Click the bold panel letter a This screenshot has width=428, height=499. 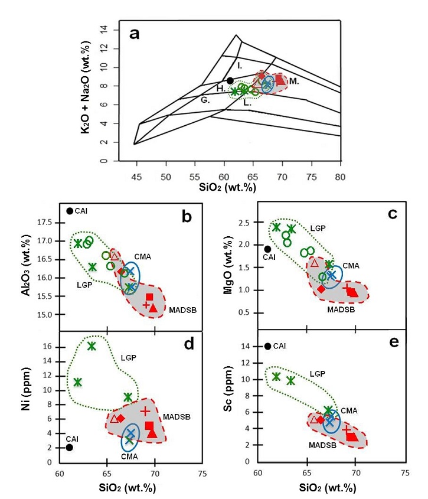click(x=135, y=33)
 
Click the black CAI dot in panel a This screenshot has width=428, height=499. click(x=230, y=80)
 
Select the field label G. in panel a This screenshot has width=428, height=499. click(x=205, y=100)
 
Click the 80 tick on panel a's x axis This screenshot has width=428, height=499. click(x=341, y=177)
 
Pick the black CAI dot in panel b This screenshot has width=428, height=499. click(x=70, y=211)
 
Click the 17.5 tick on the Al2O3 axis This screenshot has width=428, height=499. click(x=48, y=223)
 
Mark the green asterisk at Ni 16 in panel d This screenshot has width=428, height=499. click(x=92, y=346)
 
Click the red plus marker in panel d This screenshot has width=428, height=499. click(x=146, y=411)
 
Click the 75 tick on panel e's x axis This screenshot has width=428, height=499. click(x=404, y=473)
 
